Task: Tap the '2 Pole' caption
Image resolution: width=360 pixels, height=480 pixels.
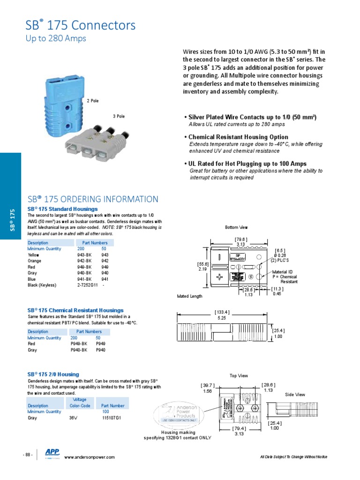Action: coord(92,101)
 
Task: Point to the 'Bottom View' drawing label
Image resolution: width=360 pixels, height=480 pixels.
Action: coord(236,227)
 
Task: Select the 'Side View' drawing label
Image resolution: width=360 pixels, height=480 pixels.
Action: coord(295,395)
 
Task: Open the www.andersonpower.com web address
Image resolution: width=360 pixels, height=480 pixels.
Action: coord(89,457)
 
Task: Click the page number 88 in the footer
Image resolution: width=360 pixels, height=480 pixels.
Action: coord(28,455)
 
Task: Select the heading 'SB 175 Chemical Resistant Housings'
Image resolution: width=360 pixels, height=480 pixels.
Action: coord(75,310)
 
